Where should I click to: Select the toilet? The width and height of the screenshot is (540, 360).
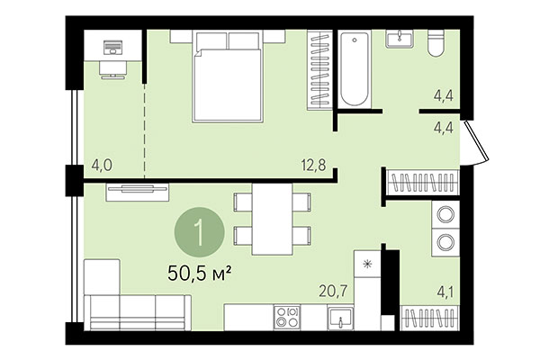436,43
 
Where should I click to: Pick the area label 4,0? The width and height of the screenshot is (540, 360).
101,165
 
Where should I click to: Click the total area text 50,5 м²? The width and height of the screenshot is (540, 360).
200,269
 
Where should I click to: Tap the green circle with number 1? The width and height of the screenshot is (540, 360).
198,233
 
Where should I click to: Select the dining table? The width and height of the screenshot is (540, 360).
272,219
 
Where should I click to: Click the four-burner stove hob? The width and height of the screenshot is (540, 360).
288,317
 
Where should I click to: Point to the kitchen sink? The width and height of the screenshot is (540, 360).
340,318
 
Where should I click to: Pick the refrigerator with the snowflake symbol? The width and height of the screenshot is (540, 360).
368,265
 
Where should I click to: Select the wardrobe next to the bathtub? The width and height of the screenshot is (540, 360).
319,70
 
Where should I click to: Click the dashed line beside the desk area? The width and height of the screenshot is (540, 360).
144,117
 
